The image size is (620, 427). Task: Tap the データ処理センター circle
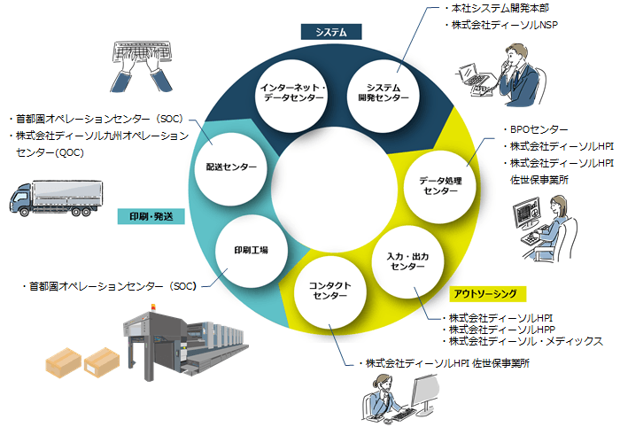[x=440, y=185]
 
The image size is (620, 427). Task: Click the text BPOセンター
[x=539, y=129]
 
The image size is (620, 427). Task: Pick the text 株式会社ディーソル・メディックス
[x=526, y=341]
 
